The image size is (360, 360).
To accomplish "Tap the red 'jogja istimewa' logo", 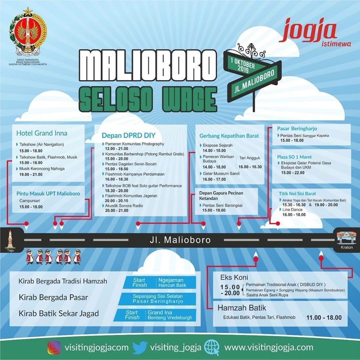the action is click(315, 32).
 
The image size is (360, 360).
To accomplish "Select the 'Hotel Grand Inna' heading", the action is click(42, 133).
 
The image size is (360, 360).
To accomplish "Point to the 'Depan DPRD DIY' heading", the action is click(129, 135).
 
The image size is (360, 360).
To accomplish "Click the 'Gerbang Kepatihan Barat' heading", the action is click(229, 136).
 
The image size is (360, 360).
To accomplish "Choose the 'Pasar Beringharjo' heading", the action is click(297, 129).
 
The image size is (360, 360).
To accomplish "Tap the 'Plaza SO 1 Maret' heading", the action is click(294, 157).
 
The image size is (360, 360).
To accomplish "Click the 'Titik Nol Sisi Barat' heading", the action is click(297, 194).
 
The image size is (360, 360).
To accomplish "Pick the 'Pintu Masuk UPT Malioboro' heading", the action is click(48, 194).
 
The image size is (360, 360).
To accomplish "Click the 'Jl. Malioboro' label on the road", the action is click(180, 240).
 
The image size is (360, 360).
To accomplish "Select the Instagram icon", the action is click(54, 347).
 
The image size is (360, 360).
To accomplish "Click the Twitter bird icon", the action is click(140, 347).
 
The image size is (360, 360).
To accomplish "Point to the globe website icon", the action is click(212, 347).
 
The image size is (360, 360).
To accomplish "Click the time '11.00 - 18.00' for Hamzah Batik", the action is click(324, 318).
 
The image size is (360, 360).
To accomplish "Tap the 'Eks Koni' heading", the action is click(234, 277).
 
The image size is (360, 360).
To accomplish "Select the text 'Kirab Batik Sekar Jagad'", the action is click(59, 314).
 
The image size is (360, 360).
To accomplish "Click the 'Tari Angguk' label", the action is click(250, 158).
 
